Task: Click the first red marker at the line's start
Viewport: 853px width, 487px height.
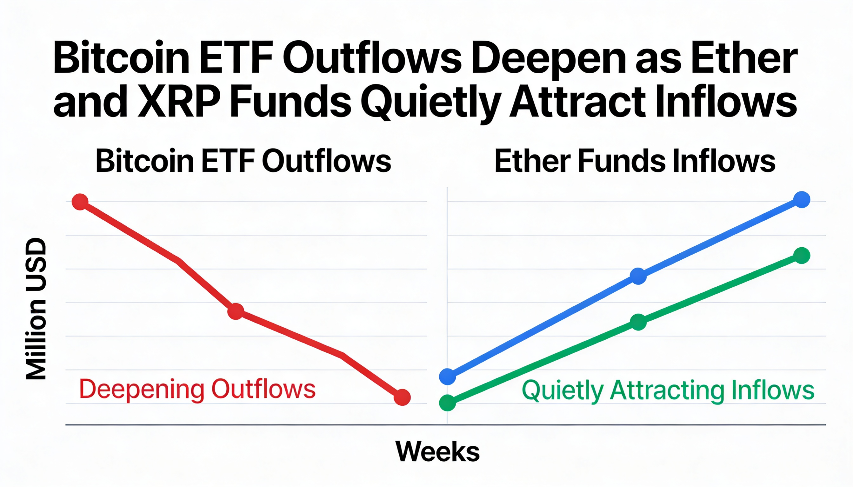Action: point(80,202)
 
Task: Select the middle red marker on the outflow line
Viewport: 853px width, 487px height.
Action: point(236,311)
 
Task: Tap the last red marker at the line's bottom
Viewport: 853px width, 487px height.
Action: point(402,397)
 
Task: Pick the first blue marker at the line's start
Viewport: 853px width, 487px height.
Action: point(447,376)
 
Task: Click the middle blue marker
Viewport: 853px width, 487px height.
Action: point(638,276)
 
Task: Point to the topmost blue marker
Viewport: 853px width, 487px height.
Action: point(802,200)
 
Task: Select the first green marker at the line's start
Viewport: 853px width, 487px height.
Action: point(447,403)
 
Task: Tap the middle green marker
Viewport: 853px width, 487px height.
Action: point(638,322)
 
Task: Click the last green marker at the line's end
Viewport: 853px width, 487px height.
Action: point(802,256)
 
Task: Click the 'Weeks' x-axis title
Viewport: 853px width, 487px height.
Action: point(437,452)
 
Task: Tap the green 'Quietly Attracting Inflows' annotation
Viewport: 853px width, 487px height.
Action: point(668,390)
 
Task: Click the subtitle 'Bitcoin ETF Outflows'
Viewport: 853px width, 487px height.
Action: point(243,161)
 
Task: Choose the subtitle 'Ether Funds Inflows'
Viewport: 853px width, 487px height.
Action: point(635,161)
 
